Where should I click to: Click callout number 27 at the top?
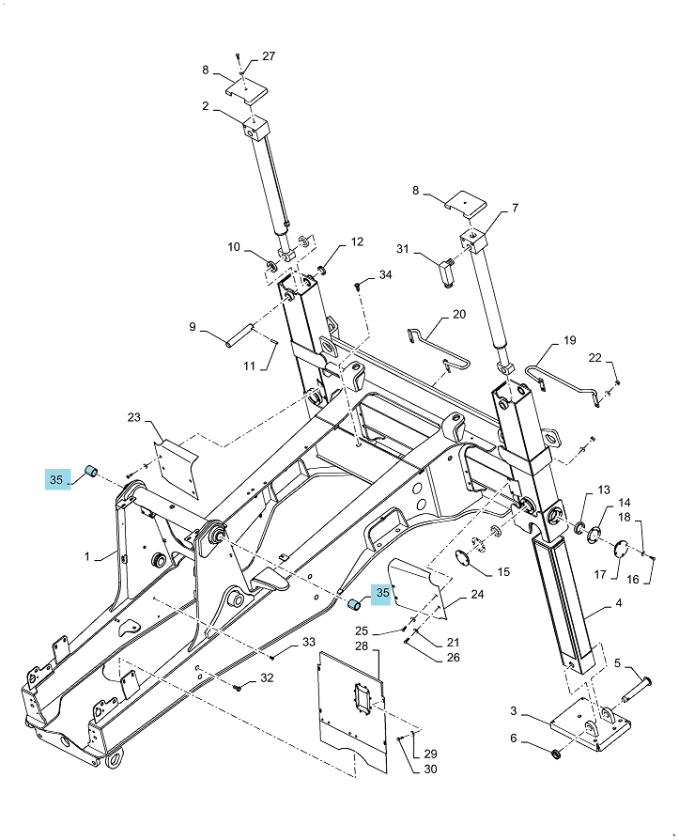tap(269, 56)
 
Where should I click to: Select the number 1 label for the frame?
tap(87, 556)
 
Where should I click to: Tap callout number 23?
tap(134, 417)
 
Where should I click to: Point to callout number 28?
tap(362, 646)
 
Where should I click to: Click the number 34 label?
tap(386, 274)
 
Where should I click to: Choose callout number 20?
tap(459, 314)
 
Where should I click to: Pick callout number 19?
tap(569, 340)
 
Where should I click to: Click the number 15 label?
tap(503, 571)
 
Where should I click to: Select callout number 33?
tap(309, 642)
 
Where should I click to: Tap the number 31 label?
tap(403, 249)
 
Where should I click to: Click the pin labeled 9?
tap(239, 342)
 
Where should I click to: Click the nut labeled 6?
tap(556, 754)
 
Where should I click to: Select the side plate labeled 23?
tap(177, 468)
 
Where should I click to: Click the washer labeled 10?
tap(271, 265)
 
